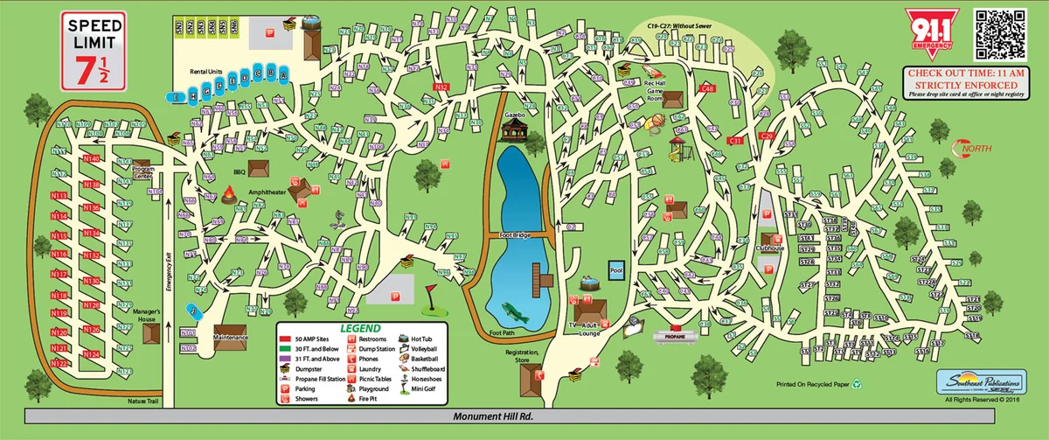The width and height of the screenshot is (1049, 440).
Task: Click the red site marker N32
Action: pos(441,87)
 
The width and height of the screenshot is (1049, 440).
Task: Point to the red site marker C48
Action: pos(708,88)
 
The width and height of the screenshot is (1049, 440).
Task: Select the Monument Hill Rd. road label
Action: pos(492,417)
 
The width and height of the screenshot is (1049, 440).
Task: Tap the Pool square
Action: pos(616,270)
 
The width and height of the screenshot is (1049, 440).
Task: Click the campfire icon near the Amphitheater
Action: pos(230,194)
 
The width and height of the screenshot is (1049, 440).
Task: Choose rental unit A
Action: pos(282,76)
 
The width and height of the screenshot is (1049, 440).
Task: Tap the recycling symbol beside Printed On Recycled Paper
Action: pos(858,383)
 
